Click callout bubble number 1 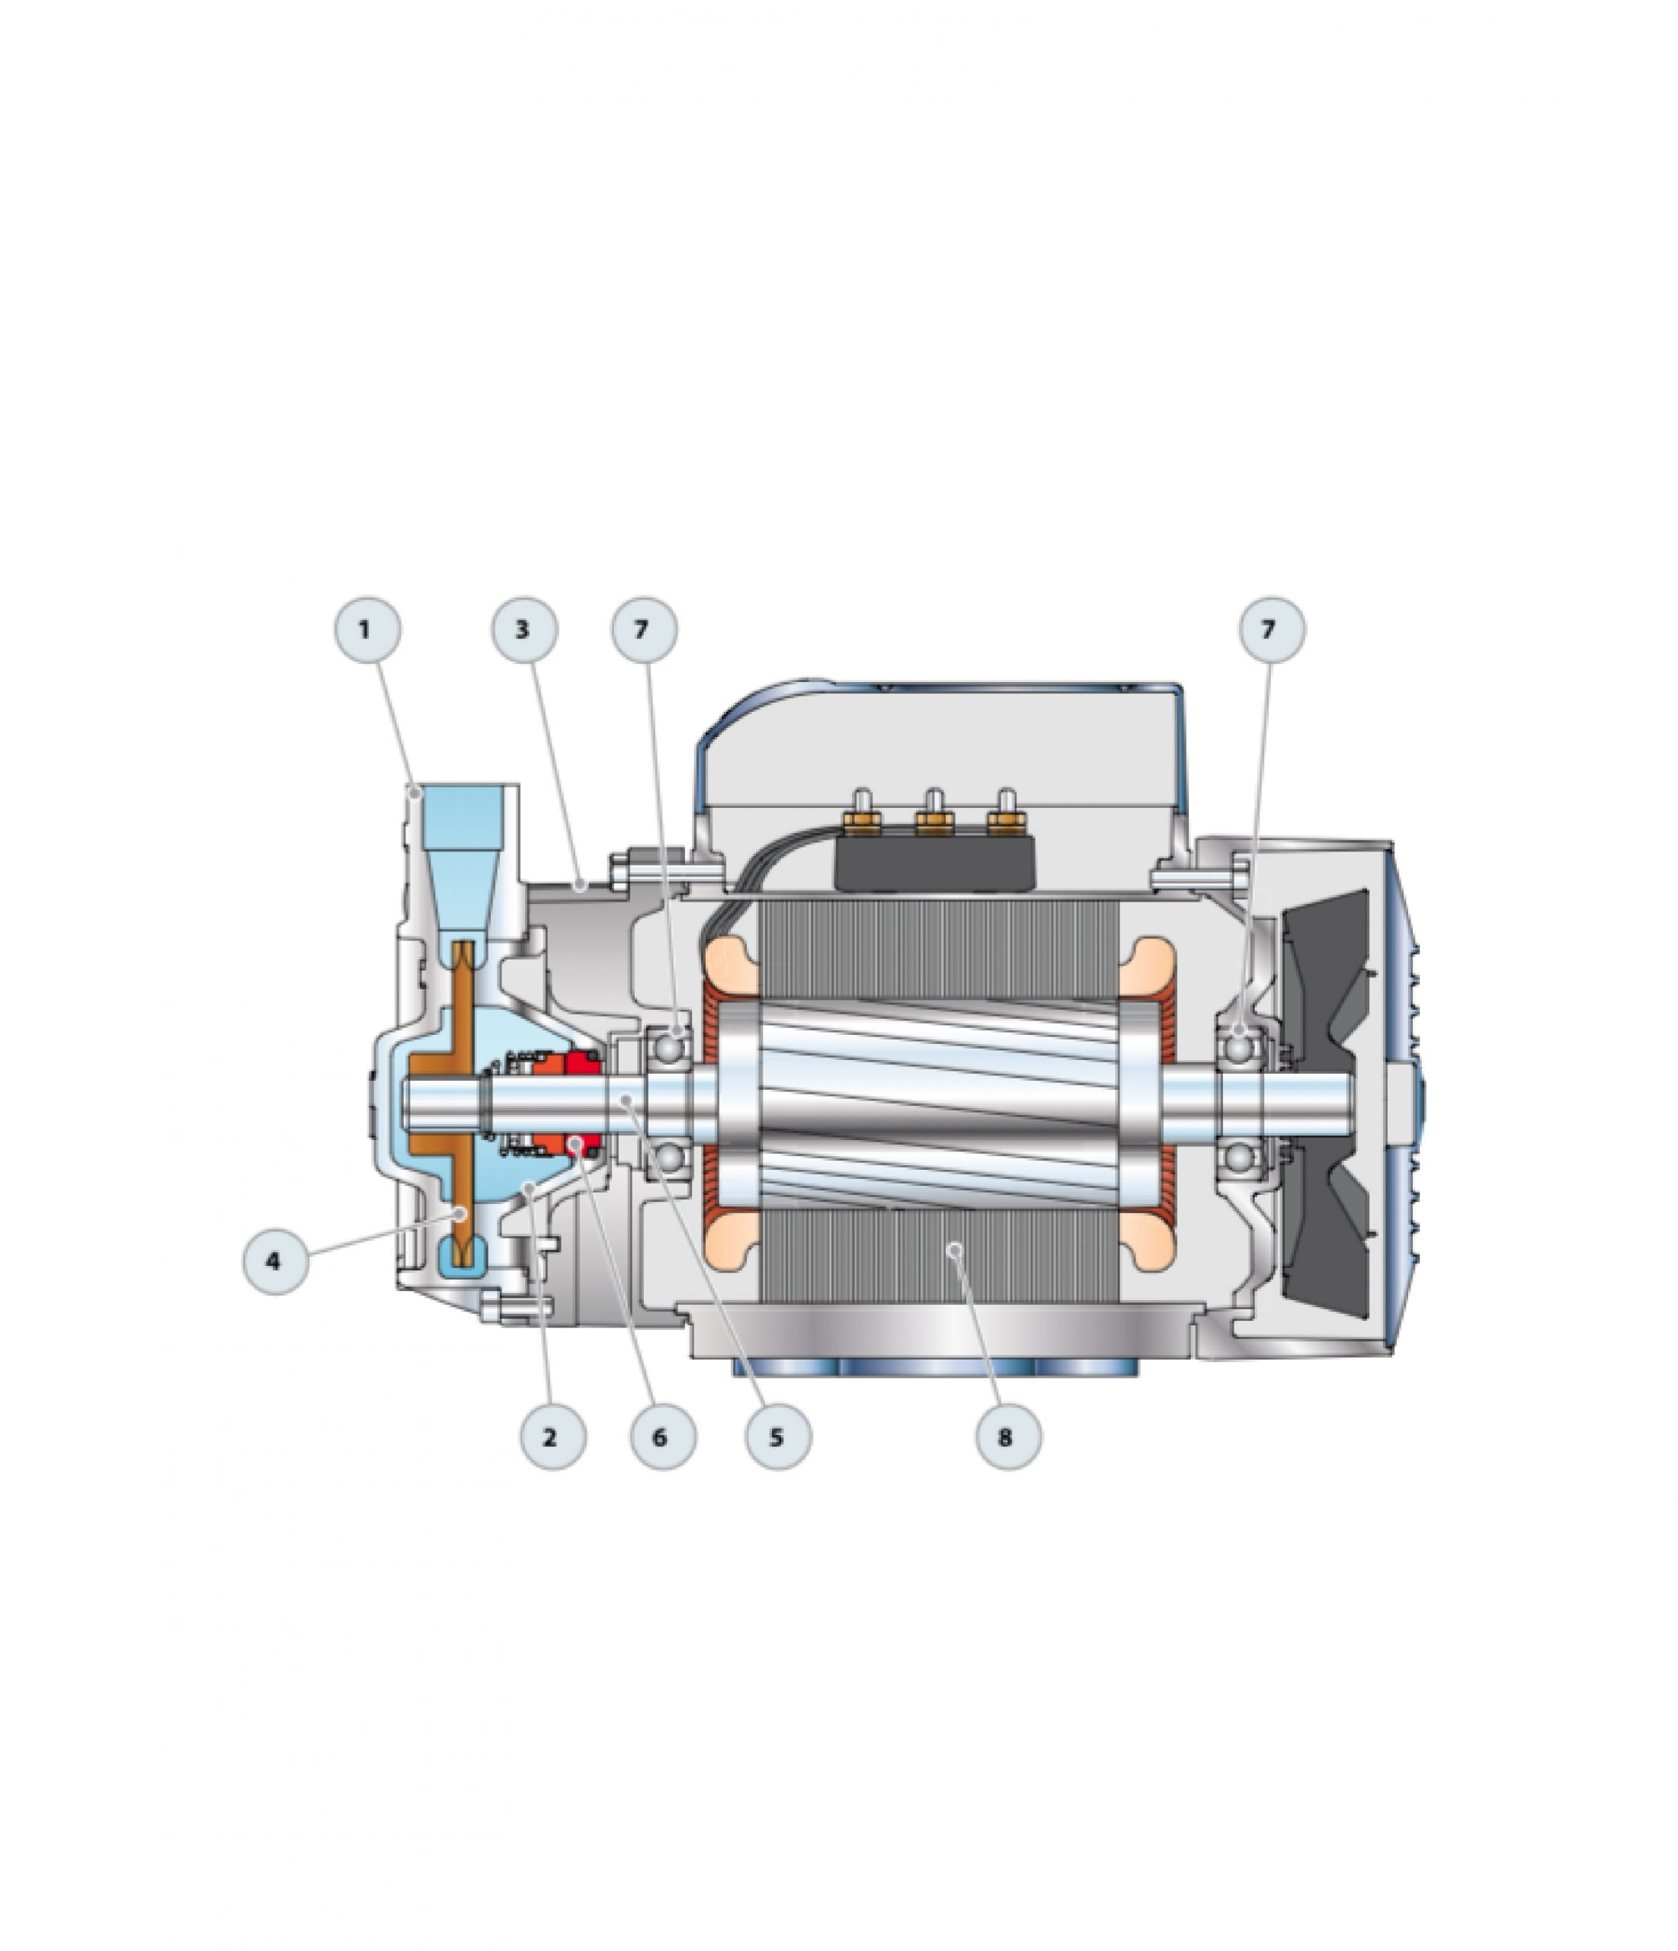pyautogui.click(x=367, y=629)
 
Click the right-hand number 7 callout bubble pyautogui.click(x=1271, y=629)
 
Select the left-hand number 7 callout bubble pyautogui.click(x=644, y=629)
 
